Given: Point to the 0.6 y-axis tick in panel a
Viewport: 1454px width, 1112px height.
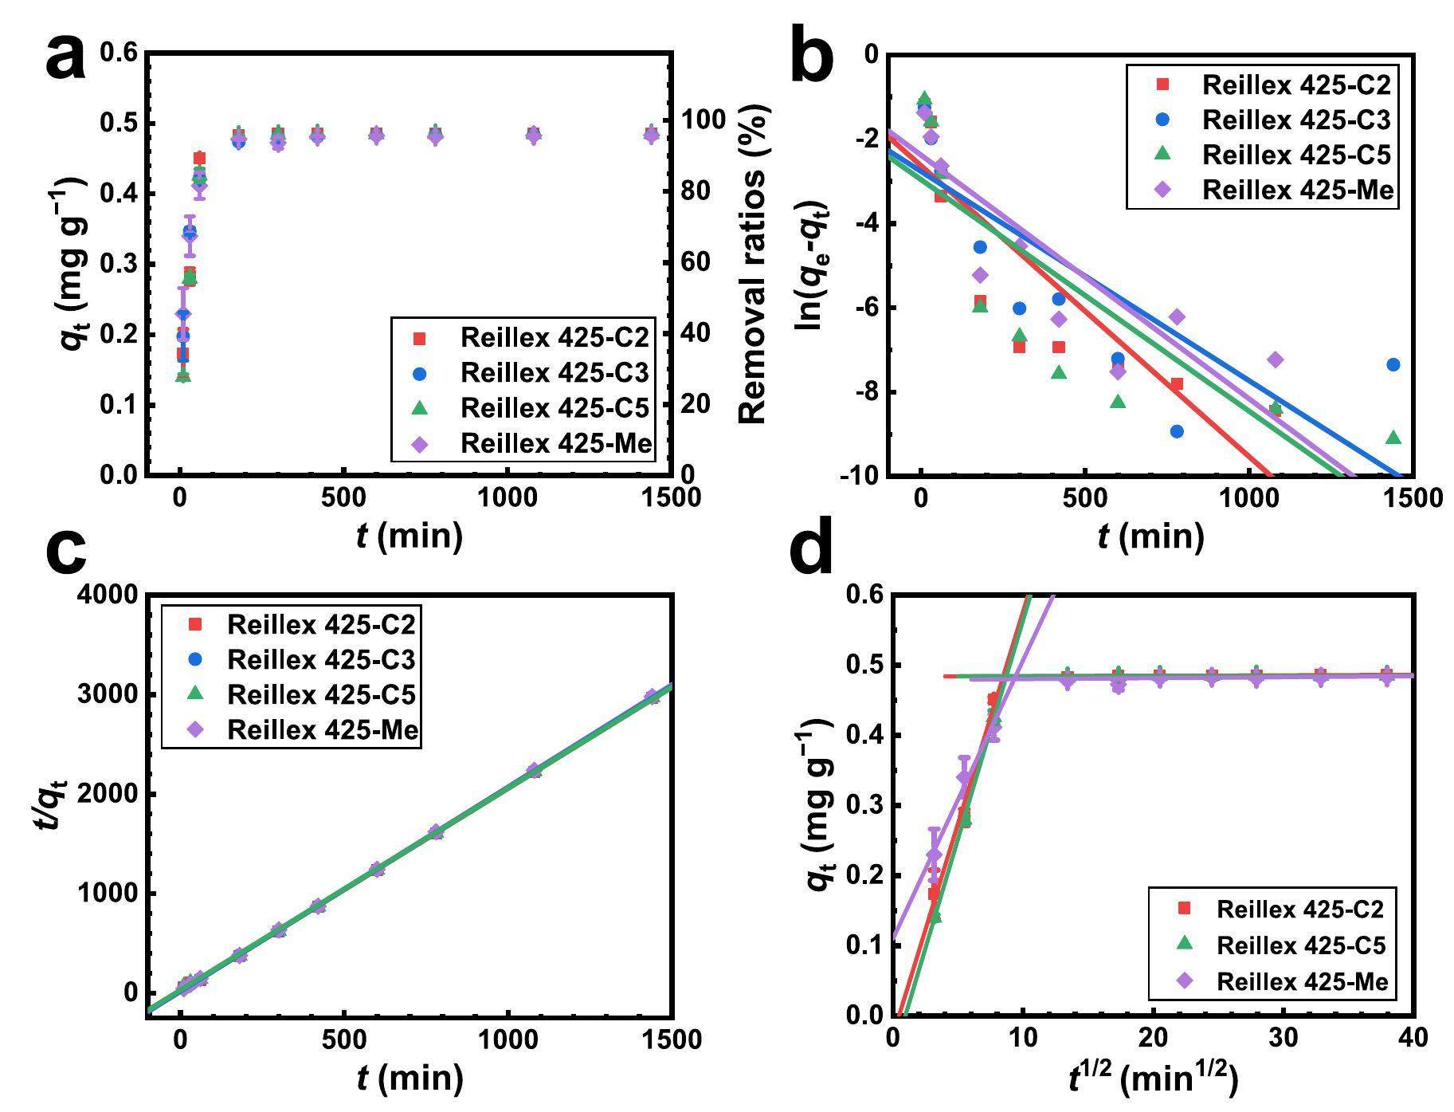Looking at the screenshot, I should (120, 53).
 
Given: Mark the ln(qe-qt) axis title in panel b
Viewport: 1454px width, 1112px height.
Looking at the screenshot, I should (812, 265).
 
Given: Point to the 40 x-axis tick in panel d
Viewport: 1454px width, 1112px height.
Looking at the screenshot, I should (1412, 1038).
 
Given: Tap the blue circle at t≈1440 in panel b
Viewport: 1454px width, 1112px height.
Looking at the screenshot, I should (1393, 365).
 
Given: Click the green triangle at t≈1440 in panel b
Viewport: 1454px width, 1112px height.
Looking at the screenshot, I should (1393, 438).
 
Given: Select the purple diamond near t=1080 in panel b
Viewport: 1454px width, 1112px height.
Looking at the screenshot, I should (1275, 360).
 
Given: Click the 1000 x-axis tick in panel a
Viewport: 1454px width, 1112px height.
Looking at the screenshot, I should (507, 497).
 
